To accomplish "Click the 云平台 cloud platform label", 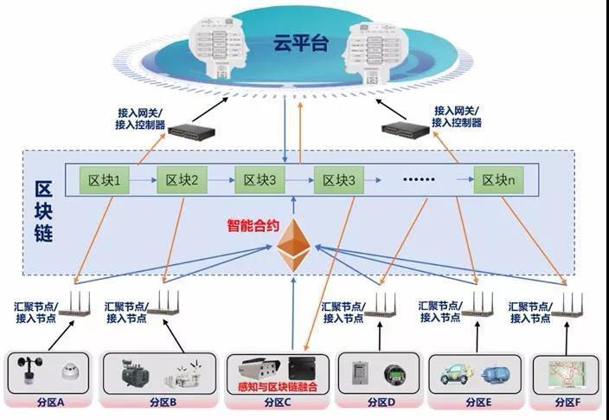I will [x=300, y=42].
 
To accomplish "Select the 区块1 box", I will [x=104, y=180].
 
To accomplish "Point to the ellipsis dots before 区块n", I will [x=421, y=181].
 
